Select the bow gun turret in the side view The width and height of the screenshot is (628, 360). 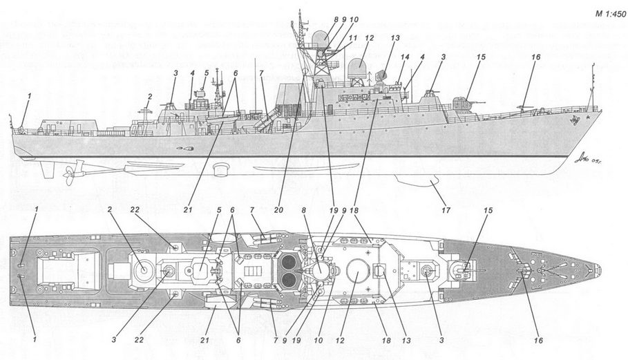point(464,104)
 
